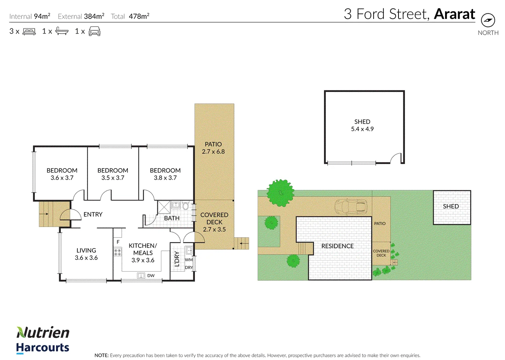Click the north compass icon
(488, 20)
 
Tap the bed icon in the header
(29, 31)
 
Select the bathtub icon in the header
(62, 31)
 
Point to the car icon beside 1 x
(94, 31)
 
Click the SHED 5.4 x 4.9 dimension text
(362, 129)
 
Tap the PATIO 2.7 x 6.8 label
(213, 148)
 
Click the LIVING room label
(86, 250)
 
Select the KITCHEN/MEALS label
(143, 249)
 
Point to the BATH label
(172, 218)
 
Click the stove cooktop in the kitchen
(118, 252)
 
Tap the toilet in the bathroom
(185, 206)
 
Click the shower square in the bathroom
(164, 207)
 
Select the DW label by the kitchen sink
(151, 276)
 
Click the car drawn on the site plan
(351, 206)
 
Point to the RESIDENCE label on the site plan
(337, 246)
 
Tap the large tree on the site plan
(281, 193)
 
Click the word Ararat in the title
(454, 14)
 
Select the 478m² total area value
(139, 16)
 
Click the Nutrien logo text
(43, 332)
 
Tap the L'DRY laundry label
(177, 259)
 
